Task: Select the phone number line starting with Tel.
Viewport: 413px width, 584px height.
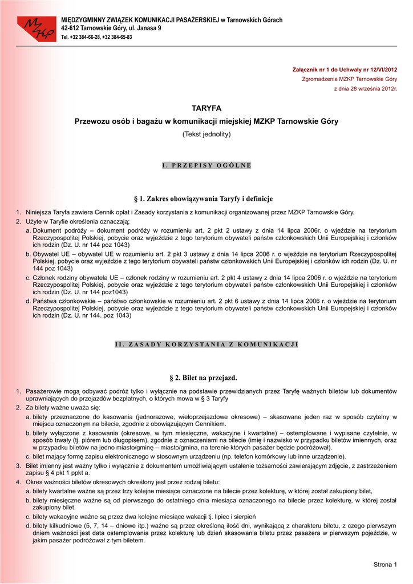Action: [x=96, y=37]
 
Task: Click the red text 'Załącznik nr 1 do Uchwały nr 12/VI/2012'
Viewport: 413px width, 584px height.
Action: [x=345, y=70]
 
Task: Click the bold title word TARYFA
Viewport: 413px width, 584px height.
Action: [x=206, y=108]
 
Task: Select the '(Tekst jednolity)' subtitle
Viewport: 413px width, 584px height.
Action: [x=206, y=134]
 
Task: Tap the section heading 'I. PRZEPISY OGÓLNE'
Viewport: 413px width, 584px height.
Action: [x=206, y=165]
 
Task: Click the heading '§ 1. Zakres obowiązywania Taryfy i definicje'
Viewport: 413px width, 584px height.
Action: [x=206, y=198]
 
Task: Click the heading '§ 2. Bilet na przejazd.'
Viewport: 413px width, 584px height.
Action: [x=206, y=378]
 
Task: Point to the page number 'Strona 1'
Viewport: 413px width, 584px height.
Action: [x=384, y=565]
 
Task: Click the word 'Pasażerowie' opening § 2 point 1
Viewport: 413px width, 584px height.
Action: [x=44, y=391]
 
